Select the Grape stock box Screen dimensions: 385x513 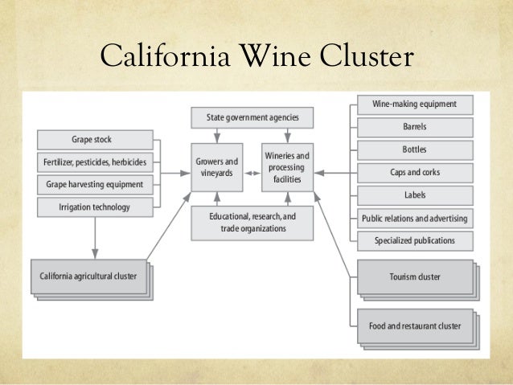[96, 138]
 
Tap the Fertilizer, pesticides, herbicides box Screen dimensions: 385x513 [95, 162]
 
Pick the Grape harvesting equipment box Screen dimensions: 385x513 [95, 184]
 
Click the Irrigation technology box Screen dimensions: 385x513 [95, 207]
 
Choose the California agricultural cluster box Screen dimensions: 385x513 [88, 276]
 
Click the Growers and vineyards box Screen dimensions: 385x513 [216, 167]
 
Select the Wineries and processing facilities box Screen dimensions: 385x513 [287, 167]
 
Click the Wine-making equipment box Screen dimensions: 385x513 [414, 104]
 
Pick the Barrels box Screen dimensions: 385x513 [414, 127]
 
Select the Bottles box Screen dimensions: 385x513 [414, 149]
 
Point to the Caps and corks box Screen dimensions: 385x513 [414, 172]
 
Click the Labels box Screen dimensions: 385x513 [414, 195]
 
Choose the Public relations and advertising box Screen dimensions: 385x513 [414, 218]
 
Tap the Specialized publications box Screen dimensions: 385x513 [414, 240]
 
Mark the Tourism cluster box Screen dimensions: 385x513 [414, 277]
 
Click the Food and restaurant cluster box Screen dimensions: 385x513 [414, 326]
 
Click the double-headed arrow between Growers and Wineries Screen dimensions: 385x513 [252, 173]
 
